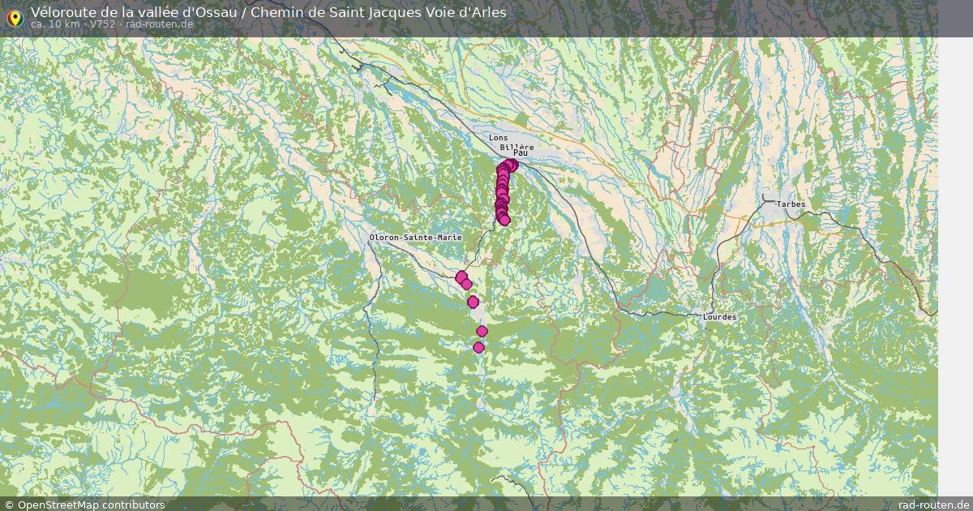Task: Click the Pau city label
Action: pos(521,152)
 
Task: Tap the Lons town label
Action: pos(498,138)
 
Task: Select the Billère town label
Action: pos(517,146)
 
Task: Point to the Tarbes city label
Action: pos(791,204)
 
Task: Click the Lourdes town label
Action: pos(720,317)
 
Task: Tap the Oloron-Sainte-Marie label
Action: pos(415,238)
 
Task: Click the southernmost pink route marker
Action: pos(478,347)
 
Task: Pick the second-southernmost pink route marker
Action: pos(482,331)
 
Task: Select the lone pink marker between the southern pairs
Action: pos(473,303)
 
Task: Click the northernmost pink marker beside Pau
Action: pos(512,165)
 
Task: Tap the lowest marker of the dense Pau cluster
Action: pos(504,220)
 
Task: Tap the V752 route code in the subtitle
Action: pos(102,24)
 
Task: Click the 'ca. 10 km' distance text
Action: pos(54,24)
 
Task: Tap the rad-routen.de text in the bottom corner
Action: pos(934,505)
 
